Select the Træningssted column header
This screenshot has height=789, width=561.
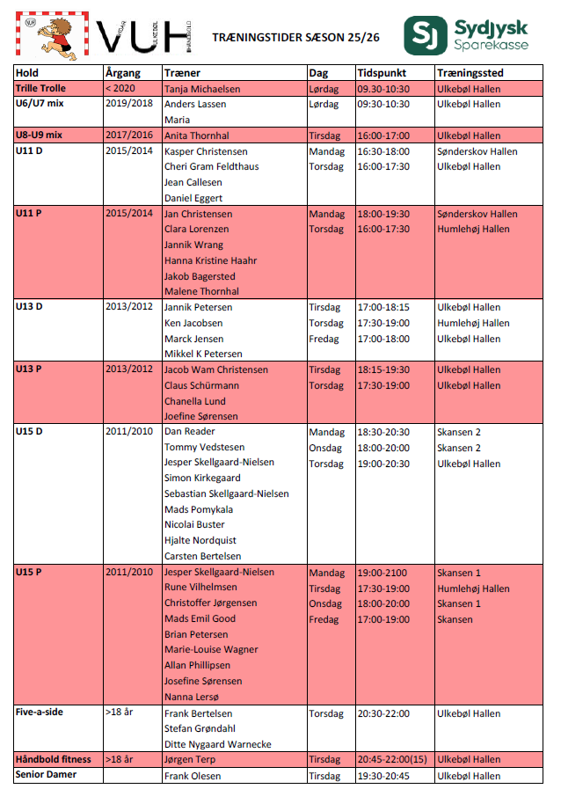pos(470,73)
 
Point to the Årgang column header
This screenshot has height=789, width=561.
pos(122,73)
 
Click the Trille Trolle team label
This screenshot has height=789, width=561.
pos(41,89)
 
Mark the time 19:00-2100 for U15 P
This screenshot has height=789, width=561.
pos(382,573)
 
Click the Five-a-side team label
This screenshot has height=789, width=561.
pos(40,712)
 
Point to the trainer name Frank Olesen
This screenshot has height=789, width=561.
pos(193,776)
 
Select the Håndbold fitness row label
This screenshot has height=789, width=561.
pos(53,759)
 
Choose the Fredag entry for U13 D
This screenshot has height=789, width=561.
pos(324,339)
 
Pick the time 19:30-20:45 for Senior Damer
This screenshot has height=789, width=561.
pos(383,776)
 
